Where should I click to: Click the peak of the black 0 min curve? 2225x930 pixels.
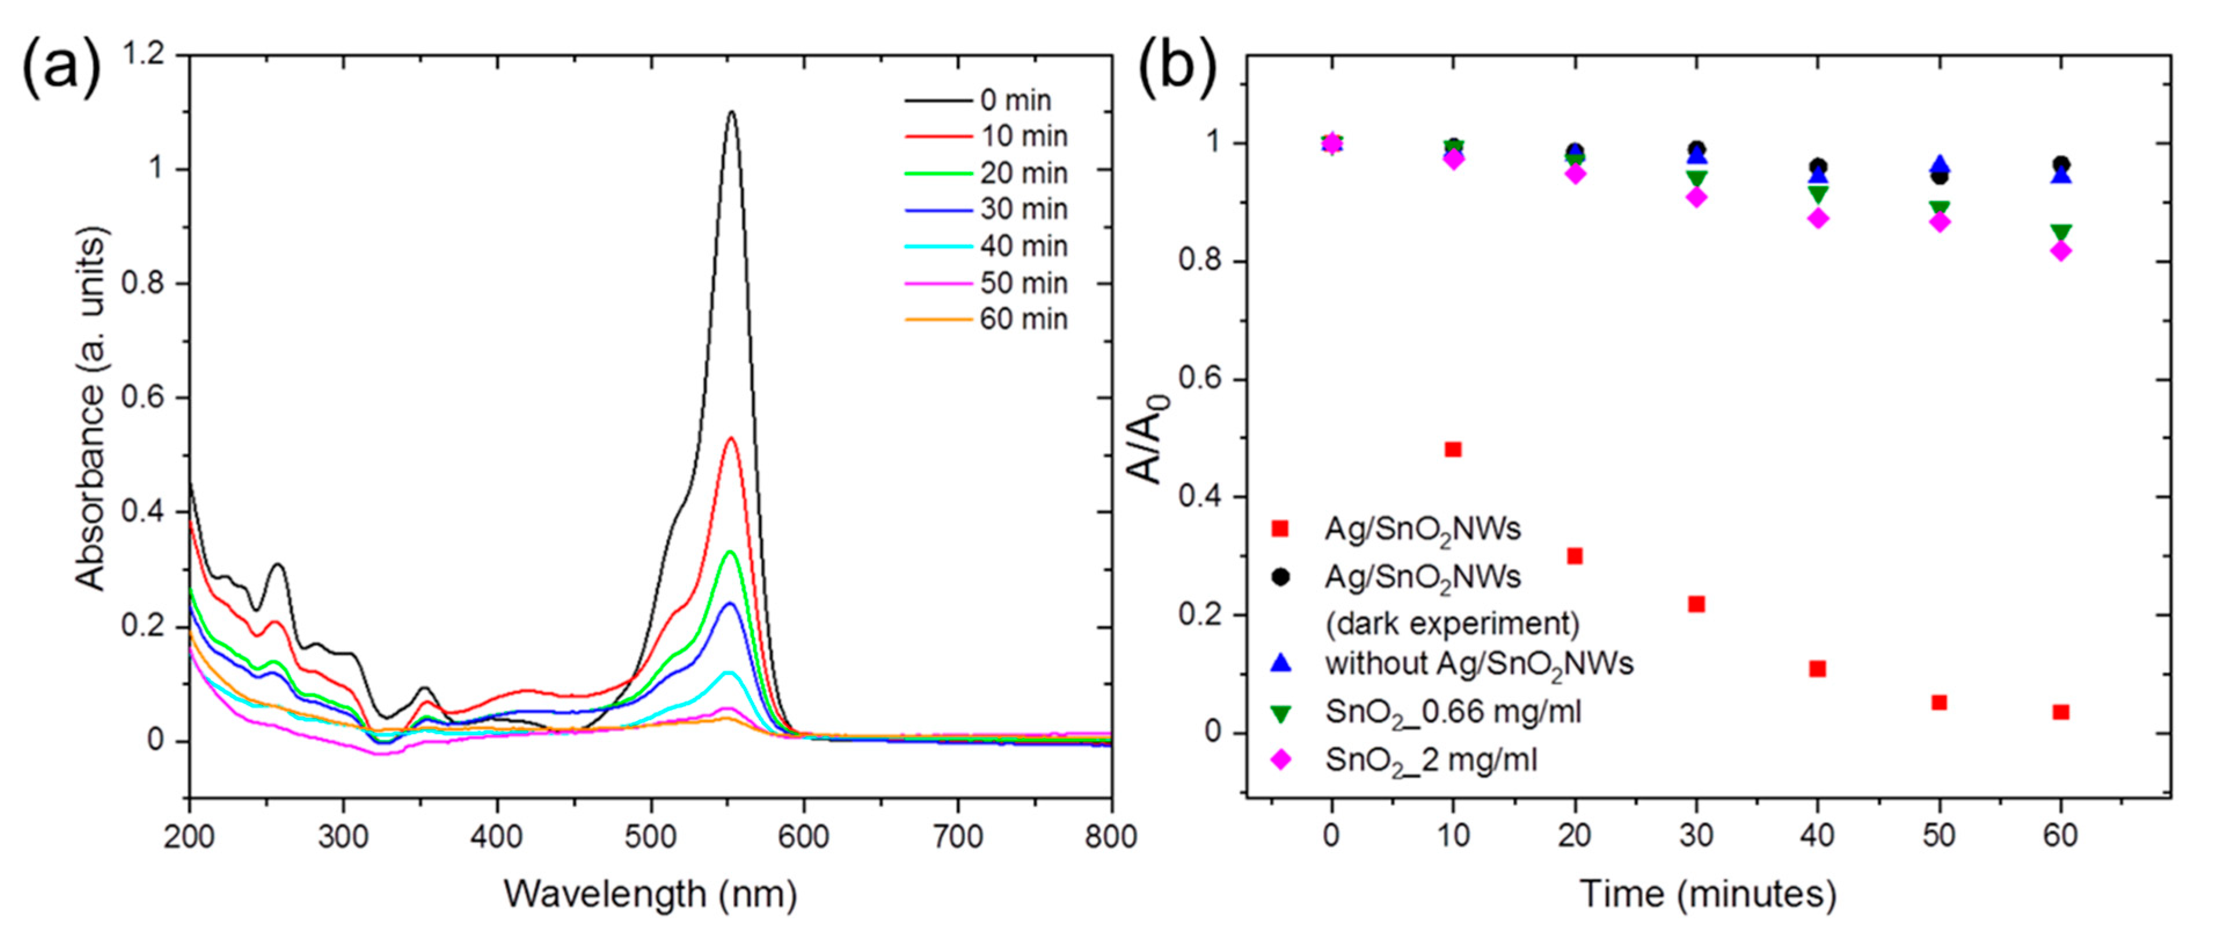tap(732, 112)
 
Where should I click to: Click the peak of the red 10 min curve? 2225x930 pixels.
tap(732, 438)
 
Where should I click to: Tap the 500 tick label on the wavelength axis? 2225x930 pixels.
tap(651, 837)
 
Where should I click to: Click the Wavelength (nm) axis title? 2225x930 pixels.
tap(649, 893)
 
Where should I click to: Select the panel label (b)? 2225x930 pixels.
tap(1177, 66)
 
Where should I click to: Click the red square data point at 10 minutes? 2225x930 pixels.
tap(1453, 449)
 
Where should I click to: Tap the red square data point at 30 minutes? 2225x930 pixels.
tap(1696, 604)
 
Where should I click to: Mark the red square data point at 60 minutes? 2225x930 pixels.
tap(2061, 712)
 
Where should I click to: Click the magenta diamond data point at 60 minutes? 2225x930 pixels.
tap(2061, 250)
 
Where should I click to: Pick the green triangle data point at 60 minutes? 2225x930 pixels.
tap(2061, 232)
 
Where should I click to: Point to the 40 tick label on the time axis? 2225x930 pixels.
tap(1817, 837)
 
